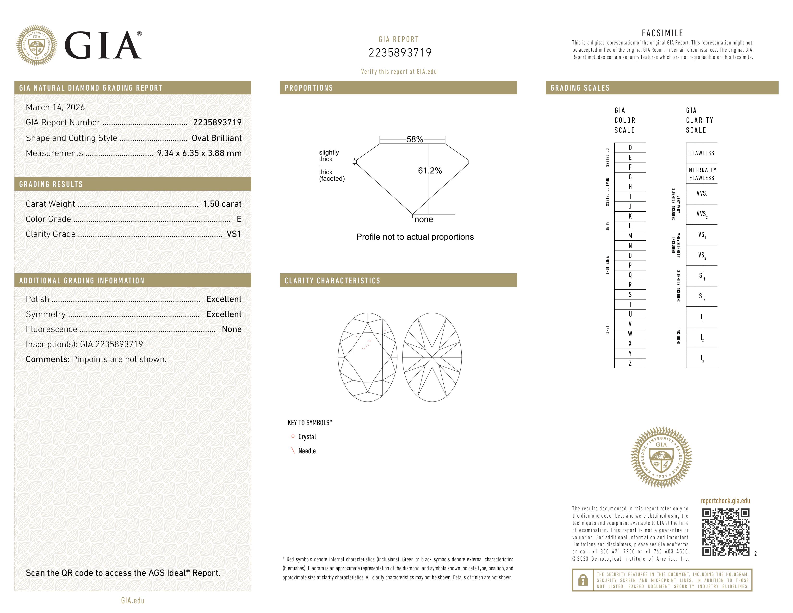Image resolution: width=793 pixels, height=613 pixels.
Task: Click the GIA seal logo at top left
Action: pos(36,45)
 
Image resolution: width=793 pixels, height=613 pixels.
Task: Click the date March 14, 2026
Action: pos(55,107)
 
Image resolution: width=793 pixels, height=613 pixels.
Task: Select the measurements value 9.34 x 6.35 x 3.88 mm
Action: pos(199,153)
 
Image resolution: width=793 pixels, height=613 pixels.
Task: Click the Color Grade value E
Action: pos(239,219)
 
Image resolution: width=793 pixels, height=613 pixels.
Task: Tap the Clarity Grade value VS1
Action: pos(234,234)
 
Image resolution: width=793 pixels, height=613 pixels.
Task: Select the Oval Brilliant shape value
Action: pos(217,138)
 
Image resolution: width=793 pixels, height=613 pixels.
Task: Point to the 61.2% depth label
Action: pos(430,171)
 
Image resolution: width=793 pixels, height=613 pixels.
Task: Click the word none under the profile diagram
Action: pos(423,219)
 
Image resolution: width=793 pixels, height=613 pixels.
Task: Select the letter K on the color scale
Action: pos(630,216)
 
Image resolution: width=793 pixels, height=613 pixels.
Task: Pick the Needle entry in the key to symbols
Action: pos(307,451)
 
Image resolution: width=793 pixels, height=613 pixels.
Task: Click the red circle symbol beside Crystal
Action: pos(293,436)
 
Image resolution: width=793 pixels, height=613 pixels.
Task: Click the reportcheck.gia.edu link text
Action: pos(725,501)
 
